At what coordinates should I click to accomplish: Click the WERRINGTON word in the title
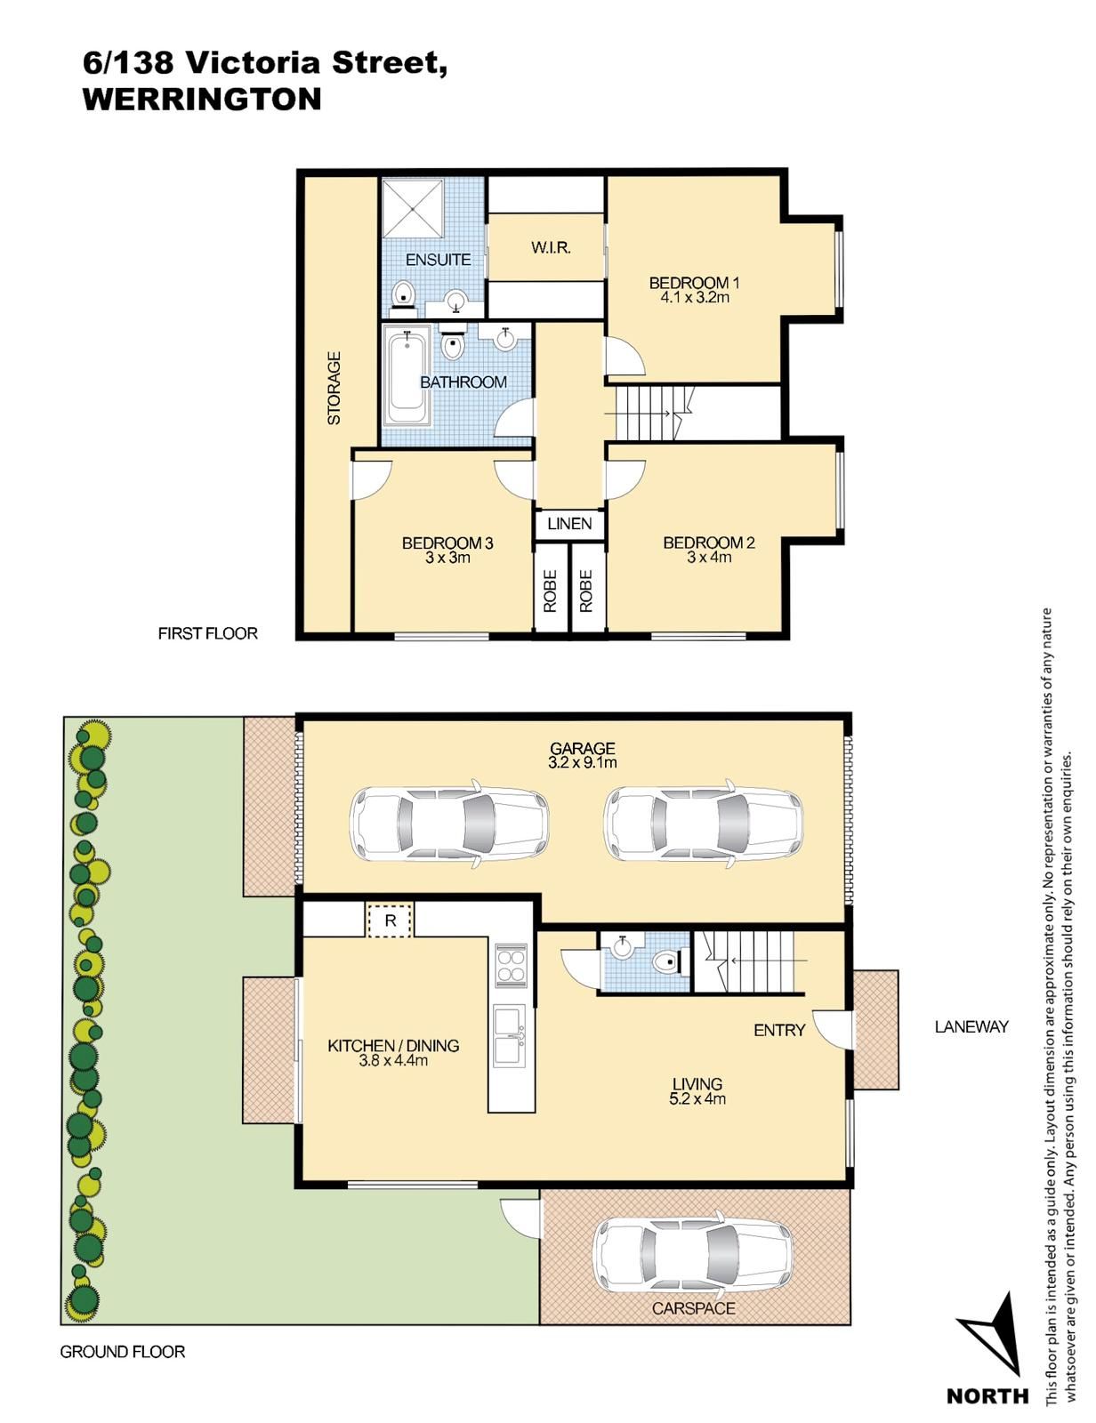(x=202, y=100)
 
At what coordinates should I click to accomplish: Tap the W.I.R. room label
(x=551, y=247)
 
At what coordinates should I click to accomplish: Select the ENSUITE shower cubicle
(x=413, y=207)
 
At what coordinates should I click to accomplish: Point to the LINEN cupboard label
(x=569, y=524)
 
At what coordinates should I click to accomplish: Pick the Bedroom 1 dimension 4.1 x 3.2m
(x=694, y=297)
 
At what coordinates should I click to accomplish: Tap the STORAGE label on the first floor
(x=334, y=389)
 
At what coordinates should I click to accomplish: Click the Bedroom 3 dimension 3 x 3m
(x=447, y=558)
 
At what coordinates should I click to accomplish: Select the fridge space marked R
(x=391, y=921)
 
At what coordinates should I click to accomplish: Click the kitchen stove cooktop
(x=511, y=964)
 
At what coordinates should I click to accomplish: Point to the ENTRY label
(x=779, y=1030)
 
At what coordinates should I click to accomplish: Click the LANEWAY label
(x=971, y=1027)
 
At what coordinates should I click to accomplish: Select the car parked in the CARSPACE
(x=693, y=1255)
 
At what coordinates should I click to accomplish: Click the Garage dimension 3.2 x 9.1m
(x=583, y=762)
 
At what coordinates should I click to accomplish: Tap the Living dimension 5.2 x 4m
(x=697, y=1098)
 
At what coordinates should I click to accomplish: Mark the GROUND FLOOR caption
(x=123, y=1352)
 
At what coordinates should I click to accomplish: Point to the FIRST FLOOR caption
(x=207, y=633)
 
